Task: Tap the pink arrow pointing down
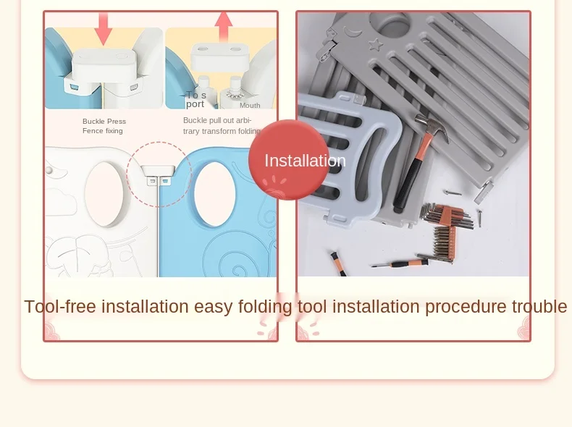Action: (104, 27)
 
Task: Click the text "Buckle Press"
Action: (104, 122)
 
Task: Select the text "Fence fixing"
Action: (103, 131)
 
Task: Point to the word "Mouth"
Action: (250, 106)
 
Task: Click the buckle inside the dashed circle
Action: (158, 174)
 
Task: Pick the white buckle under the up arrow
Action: (220, 57)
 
